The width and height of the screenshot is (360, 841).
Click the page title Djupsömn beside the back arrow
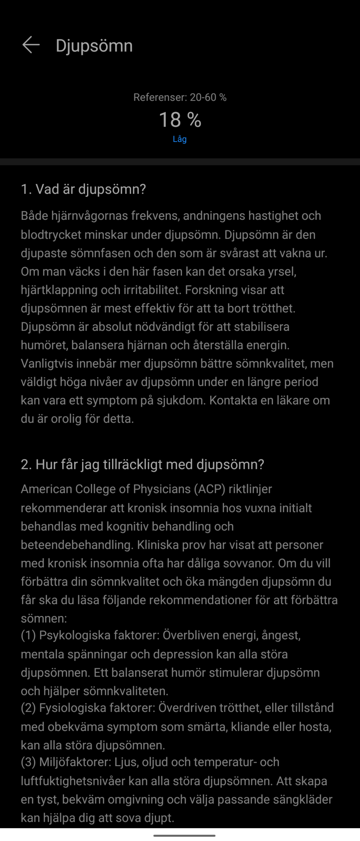pyautogui.click(x=94, y=45)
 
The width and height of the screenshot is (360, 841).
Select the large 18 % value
pyautogui.click(x=180, y=120)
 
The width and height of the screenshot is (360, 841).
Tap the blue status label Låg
pyautogui.click(x=180, y=139)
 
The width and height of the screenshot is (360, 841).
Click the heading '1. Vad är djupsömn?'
pyautogui.click(x=83, y=189)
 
